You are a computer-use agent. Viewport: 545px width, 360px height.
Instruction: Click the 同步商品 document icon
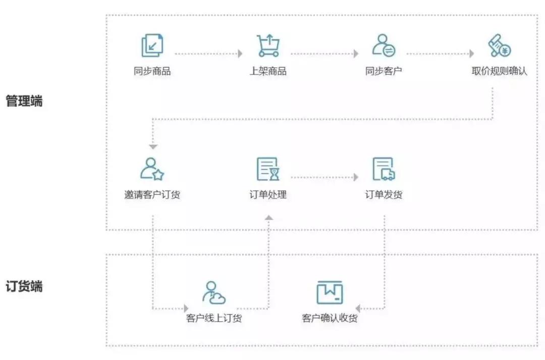[x=152, y=45]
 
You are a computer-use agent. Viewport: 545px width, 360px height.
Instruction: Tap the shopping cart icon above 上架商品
[x=268, y=45]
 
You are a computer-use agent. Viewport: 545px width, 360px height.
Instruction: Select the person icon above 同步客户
[x=384, y=45]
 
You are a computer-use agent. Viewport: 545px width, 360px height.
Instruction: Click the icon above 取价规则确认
[x=500, y=45]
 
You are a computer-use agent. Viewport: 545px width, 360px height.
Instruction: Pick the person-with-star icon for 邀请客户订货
[x=152, y=169]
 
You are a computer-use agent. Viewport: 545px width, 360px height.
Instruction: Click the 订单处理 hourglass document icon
[x=268, y=169]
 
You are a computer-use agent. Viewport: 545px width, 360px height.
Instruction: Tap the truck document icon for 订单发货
[x=384, y=169]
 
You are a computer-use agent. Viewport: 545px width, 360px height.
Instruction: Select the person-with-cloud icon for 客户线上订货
[x=214, y=292]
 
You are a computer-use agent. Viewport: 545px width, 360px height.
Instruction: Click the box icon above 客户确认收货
[x=330, y=292]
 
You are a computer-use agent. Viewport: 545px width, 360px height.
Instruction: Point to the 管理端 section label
[x=24, y=101]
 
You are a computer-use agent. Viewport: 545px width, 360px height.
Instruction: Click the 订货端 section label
[x=24, y=286]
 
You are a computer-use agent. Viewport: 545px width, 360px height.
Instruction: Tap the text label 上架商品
[x=268, y=71]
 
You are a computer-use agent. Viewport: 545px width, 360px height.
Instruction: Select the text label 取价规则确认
[x=500, y=71]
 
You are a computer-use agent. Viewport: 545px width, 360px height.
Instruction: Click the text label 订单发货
[x=384, y=194]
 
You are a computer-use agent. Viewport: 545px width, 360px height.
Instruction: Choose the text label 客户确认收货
[x=330, y=318]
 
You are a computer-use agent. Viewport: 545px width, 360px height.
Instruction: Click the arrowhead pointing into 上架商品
[x=240, y=54]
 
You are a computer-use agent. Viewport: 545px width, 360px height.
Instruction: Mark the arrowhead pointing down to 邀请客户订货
[x=153, y=147]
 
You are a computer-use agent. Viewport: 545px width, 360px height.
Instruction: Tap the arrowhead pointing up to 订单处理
[x=268, y=218]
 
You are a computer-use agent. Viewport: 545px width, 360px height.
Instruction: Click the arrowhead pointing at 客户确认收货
[x=358, y=308]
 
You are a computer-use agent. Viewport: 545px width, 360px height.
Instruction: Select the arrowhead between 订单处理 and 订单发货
[x=356, y=177]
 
